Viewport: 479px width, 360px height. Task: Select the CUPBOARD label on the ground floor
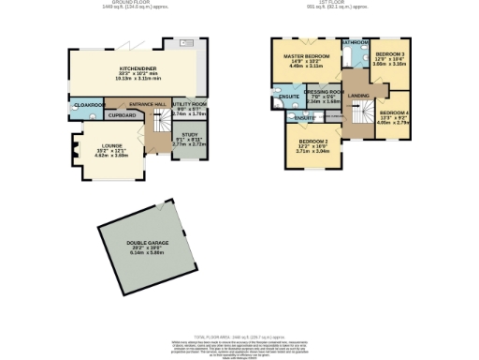(122, 115)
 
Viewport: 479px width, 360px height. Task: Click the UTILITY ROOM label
(187, 103)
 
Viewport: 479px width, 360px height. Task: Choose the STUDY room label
(190, 135)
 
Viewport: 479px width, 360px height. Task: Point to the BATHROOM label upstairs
(354, 43)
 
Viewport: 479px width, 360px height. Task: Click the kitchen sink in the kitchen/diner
(184, 42)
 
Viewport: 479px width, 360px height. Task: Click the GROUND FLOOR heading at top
(130, 4)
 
